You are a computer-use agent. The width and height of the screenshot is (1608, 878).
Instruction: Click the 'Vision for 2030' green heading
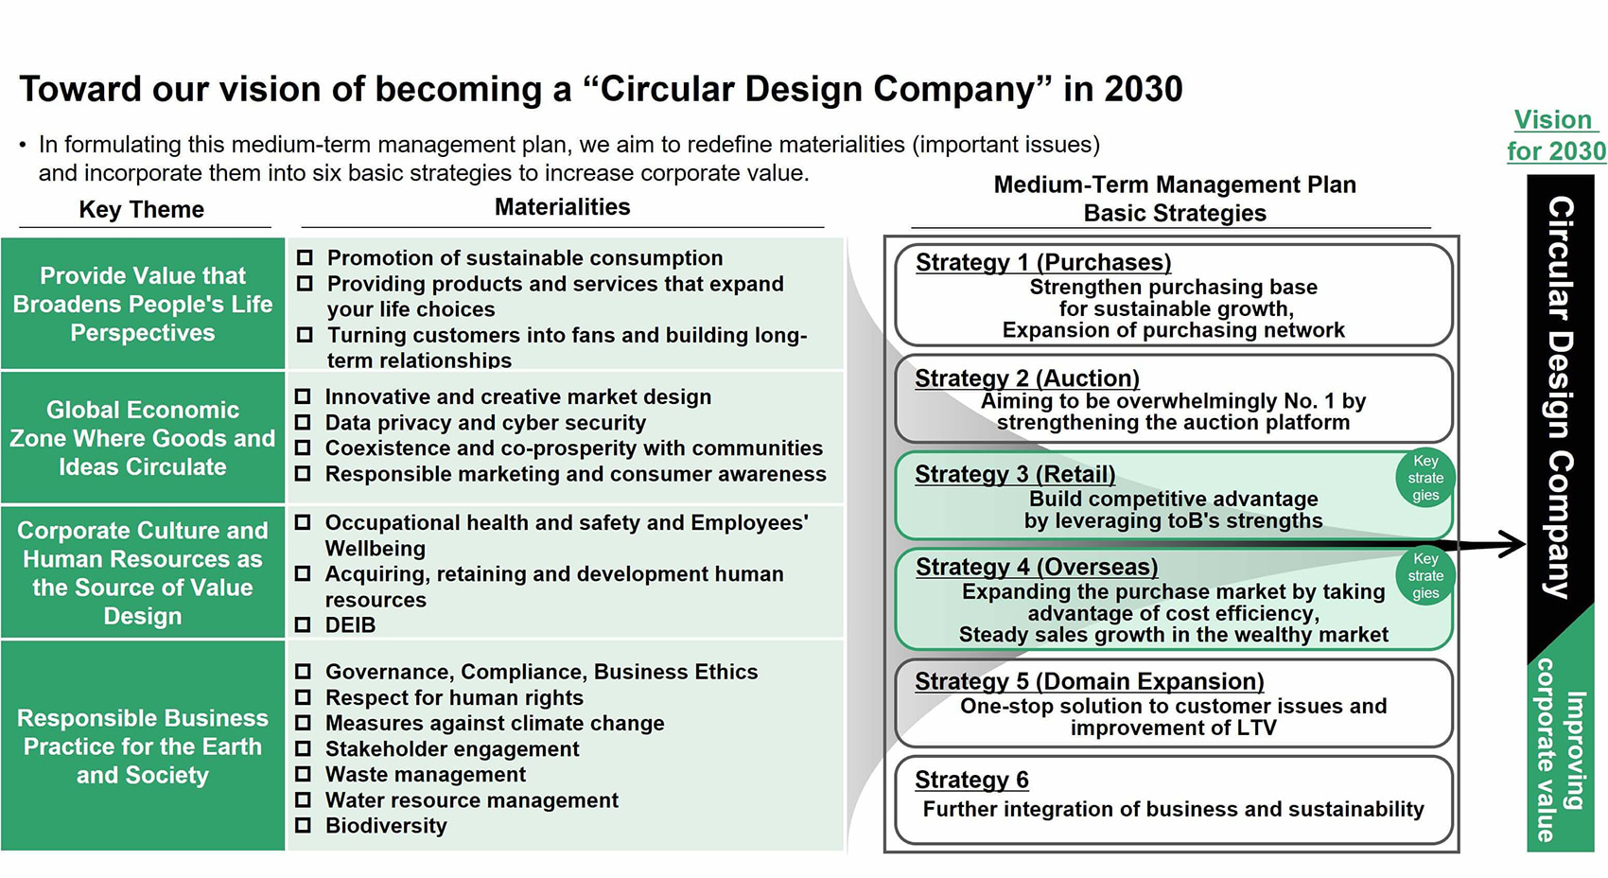click(1556, 135)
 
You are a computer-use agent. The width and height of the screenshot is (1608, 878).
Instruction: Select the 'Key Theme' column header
click(142, 210)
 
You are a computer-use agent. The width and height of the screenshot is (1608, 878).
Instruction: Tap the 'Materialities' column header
click(562, 207)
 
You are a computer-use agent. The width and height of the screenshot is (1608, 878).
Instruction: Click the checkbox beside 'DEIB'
click(303, 624)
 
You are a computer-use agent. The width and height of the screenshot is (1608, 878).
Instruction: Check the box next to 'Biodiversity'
click(303, 826)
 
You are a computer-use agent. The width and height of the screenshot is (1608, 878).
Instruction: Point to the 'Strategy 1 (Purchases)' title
click(1043, 262)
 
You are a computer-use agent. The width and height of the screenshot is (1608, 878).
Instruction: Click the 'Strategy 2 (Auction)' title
click(1026, 378)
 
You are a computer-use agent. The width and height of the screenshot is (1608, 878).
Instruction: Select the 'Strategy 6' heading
click(971, 780)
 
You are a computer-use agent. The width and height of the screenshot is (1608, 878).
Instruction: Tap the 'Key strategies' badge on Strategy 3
click(1424, 478)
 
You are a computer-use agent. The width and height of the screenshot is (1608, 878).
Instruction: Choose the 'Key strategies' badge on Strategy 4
click(1424, 576)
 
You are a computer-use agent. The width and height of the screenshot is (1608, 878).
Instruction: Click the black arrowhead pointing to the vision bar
click(1512, 544)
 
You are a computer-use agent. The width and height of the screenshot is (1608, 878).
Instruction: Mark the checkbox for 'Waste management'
click(303, 774)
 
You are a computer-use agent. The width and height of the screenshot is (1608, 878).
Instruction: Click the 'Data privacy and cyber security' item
click(485, 423)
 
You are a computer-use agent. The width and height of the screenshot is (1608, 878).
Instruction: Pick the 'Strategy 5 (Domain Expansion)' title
click(1089, 681)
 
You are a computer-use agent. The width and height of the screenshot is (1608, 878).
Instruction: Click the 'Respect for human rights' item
click(454, 698)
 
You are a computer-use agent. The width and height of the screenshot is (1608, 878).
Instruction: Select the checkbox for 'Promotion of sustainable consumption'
click(306, 257)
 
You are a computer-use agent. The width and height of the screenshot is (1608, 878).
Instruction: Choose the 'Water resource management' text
click(472, 800)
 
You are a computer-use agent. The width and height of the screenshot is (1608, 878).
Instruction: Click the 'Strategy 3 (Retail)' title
click(1015, 475)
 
